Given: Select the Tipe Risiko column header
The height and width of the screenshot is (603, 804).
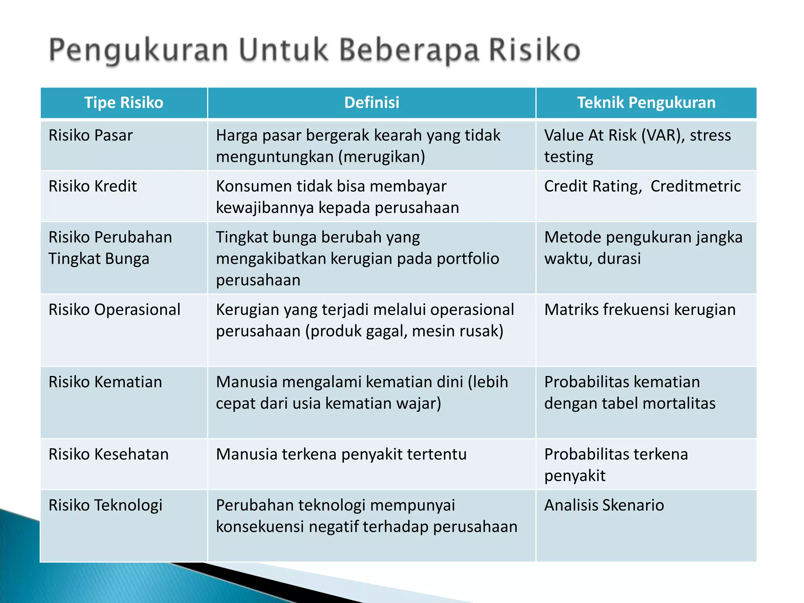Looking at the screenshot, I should coord(124,102).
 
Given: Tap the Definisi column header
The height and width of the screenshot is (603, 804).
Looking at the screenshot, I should coord(371,102).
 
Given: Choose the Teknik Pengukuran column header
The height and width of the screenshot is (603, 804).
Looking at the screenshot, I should coord(646,102).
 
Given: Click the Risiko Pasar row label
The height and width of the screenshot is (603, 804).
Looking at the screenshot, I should coord(91,135).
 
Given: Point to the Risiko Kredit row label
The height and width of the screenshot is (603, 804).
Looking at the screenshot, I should coord(93,186).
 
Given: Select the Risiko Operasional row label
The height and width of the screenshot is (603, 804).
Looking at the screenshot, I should coord(114,310).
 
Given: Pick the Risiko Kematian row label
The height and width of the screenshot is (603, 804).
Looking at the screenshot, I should coord(105,382).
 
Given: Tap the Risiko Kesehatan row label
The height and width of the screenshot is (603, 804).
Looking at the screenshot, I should coord(108,454).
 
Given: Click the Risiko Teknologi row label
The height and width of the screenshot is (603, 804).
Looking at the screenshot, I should coord(105,505).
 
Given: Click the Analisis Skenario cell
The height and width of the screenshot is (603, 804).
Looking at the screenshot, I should coord(604,505).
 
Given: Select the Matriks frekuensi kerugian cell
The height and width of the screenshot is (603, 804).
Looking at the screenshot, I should coord(640,310).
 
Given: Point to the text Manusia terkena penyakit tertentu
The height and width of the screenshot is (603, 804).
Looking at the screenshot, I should coord(341,454).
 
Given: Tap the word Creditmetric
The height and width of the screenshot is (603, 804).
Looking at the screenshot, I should coord(695,186).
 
